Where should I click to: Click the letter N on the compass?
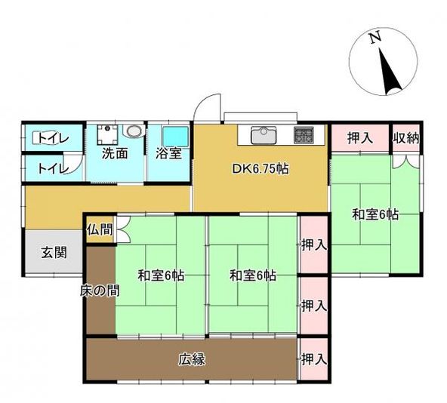375,38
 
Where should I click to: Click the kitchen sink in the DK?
264,135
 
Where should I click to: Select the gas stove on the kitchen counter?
304,135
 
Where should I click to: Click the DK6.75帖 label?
260,169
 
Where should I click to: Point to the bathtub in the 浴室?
176,136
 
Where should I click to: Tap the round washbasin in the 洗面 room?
134,131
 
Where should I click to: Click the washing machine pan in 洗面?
107,134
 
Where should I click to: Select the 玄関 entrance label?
54,253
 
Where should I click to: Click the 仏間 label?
100,229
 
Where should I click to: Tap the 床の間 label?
100,291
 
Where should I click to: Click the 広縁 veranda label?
192,359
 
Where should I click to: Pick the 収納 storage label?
406,138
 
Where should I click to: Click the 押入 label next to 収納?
360,138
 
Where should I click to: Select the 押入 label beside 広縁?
314,359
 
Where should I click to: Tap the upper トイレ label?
54,139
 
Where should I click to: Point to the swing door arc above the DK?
203,103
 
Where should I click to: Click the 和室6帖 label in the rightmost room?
375,214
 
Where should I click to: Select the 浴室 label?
168,154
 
